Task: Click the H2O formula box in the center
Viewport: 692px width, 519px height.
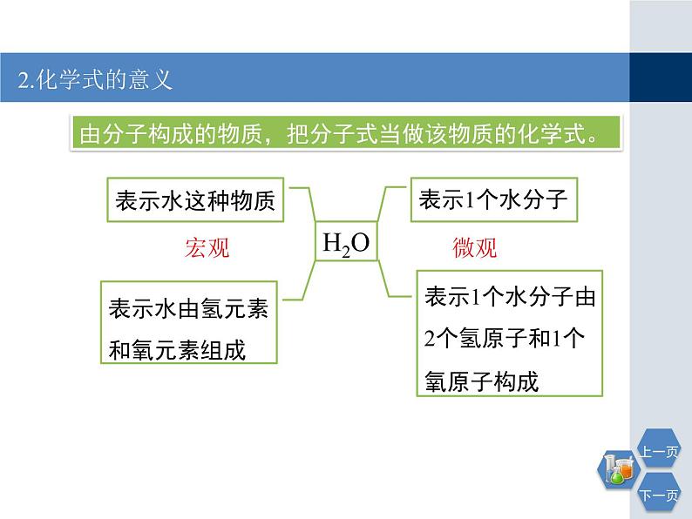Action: pos(346,243)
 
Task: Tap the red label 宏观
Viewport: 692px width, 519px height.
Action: pos(207,248)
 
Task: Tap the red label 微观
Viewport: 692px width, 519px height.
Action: pos(474,248)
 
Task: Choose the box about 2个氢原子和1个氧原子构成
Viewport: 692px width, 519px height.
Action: pos(509,339)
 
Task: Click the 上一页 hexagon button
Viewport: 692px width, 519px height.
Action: pos(660,451)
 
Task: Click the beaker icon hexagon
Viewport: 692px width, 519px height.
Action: pos(616,470)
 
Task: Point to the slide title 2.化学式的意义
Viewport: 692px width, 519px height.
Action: pos(96,80)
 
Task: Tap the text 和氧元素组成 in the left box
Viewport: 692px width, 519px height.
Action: pos(177,350)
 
